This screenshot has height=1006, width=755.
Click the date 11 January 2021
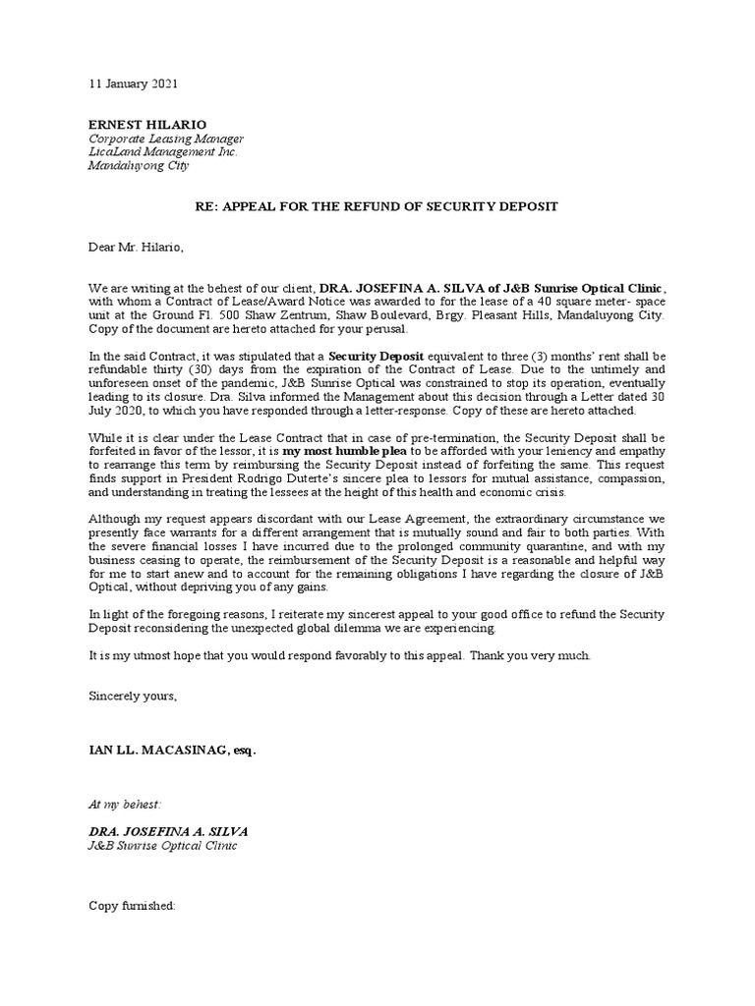(x=134, y=85)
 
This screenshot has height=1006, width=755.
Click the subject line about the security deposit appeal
(x=377, y=206)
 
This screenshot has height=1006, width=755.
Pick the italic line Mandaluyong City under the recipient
(x=139, y=166)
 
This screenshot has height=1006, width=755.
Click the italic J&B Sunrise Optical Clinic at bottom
(x=162, y=845)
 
